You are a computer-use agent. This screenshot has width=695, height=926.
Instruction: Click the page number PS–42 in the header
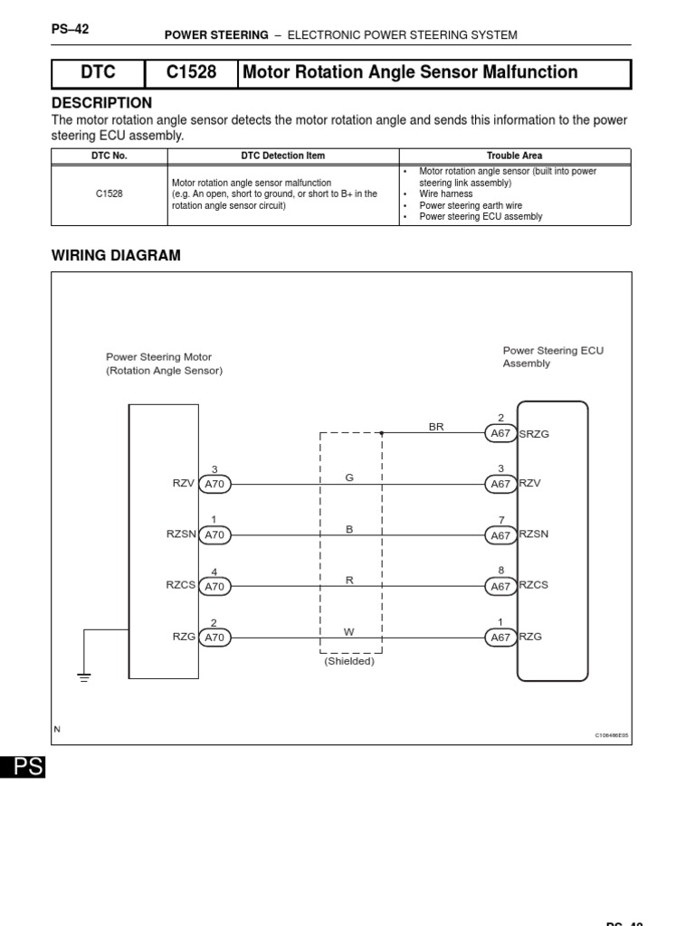(70, 29)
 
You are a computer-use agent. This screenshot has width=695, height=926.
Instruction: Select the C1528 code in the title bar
(191, 73)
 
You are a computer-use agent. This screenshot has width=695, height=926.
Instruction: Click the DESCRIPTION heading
(101, 103)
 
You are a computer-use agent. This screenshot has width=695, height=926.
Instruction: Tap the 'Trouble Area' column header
(514, 156)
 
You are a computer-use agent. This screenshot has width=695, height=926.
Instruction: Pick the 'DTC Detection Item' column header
(282, 156)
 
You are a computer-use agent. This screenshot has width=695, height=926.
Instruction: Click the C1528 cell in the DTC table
(109, 194)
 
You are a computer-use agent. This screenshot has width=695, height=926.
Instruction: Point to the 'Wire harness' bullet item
(445, 194)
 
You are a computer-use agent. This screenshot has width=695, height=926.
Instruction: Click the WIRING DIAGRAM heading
(116, 256)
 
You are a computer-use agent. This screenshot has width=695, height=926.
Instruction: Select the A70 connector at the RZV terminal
(214, 484)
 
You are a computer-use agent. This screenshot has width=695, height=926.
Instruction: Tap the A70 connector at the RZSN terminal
(214, 534)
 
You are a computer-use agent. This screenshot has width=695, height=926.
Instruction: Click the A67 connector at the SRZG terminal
(500, 433)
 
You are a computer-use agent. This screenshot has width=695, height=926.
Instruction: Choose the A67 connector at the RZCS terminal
(500, 586)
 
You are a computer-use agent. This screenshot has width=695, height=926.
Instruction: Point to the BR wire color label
(436, 427)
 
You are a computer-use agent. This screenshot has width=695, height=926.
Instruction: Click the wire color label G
(349, 477)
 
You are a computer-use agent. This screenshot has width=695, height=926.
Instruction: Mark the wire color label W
(349, 630)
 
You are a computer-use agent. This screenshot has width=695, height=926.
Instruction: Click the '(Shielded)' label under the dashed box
(349, 661)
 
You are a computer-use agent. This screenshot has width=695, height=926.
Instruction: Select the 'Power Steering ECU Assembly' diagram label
(552, 356)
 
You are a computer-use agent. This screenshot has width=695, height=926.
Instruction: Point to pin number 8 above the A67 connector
(500, 571)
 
